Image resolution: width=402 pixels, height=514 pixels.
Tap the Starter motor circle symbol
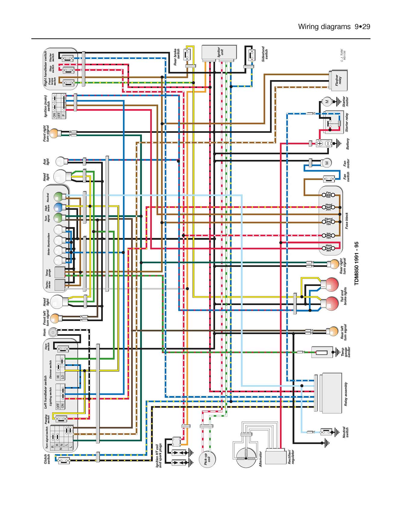tap(327, 101)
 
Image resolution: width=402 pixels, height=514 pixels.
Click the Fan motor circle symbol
tap(327, 163)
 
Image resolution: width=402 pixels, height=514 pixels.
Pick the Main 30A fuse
tap(328, 248)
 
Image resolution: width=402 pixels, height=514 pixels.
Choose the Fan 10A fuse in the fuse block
tap(328, 195)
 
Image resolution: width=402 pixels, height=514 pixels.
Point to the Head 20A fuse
tap(328, 207)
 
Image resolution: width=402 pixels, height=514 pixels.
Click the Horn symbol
tap(53, 332)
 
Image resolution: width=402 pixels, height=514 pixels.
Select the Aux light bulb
tap(61, 161)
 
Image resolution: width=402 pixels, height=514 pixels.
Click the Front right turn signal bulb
tap(54, 133)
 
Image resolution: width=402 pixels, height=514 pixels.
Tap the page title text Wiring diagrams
tap(324, 27)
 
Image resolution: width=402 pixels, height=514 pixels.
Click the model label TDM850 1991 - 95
tap(357, 263)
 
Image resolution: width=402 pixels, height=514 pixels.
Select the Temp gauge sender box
tap(322, 352)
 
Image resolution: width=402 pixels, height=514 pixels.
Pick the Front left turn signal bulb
tap(55, 318)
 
